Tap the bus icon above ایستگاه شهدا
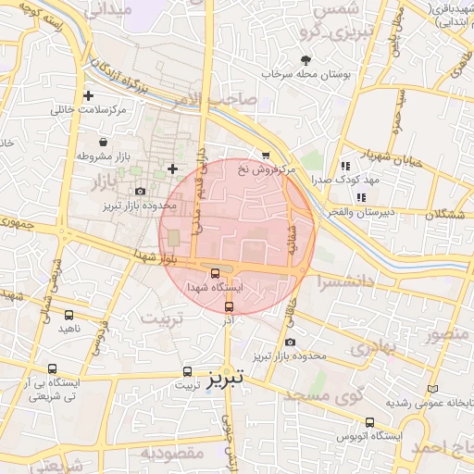(216, 273)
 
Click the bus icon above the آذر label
(230, 306)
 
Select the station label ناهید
(70, 328)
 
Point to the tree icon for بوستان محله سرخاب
(306, 60)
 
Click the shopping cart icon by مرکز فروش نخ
(266, 155)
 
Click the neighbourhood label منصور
(445, 332)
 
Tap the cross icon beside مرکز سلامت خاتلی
(88, 94)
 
